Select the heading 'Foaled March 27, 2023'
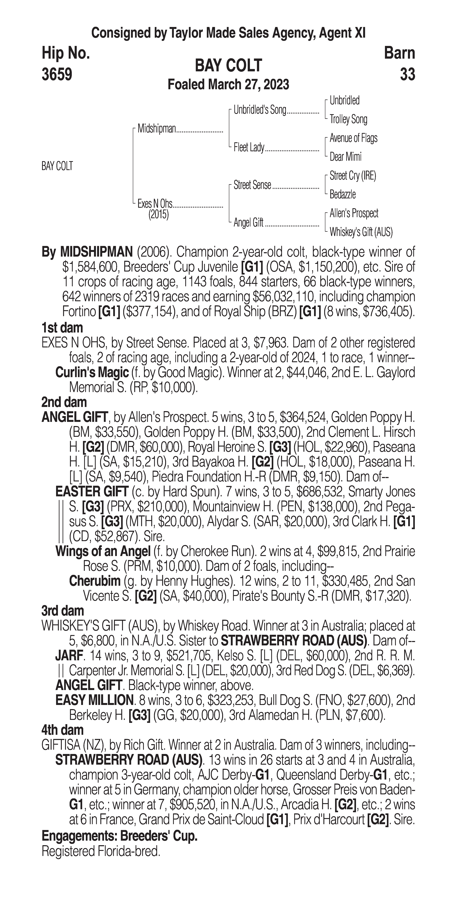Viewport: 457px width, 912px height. tap(228, 85)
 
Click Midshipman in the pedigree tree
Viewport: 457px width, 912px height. tap(157, 129)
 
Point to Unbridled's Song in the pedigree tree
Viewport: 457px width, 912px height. tap(260, 110)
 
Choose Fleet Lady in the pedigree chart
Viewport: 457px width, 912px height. tap(249, 148)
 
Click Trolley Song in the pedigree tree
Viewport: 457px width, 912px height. tap(348, 119)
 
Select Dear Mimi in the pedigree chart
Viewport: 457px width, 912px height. tap(345, 157)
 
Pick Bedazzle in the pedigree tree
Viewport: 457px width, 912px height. tap(343, 194)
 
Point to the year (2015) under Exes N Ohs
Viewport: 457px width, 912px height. tap(158, 215)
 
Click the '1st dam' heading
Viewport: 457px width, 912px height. tap(62, 327)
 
